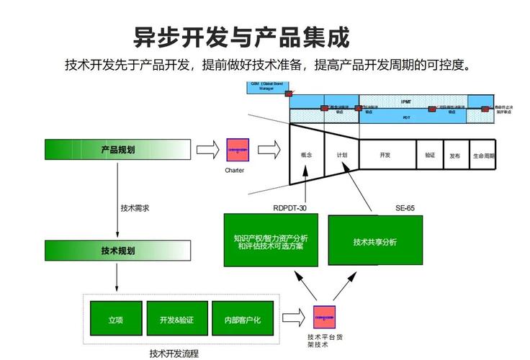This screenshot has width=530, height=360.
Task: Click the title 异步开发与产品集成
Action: [x=242, y=36]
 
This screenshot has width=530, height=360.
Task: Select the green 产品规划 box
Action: [x=117, y=149]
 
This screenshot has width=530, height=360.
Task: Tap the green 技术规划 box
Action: [x=117, y=251]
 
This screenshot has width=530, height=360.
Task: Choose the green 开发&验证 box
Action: [x=176, y=319]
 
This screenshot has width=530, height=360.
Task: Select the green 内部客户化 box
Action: [x=241, y=319]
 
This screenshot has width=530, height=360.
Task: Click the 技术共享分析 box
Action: [x=374, y=240]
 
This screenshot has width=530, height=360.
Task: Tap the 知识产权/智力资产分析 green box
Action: [x=270, y=240]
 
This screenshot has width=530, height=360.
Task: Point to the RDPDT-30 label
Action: [x=295, y=208]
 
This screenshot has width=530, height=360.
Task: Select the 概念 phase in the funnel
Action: [x=306, y=155]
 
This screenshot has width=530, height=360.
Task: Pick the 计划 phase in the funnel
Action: [x=341, y=155]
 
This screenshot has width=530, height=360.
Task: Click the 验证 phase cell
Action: [x=429, y=155]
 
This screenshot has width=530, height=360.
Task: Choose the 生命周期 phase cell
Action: [x=483, y=155]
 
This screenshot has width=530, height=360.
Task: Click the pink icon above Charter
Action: [x=237, y=150]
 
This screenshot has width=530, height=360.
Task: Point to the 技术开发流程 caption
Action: [x=174, y=353]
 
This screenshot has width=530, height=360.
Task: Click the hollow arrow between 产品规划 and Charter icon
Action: [x=207, y=150]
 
